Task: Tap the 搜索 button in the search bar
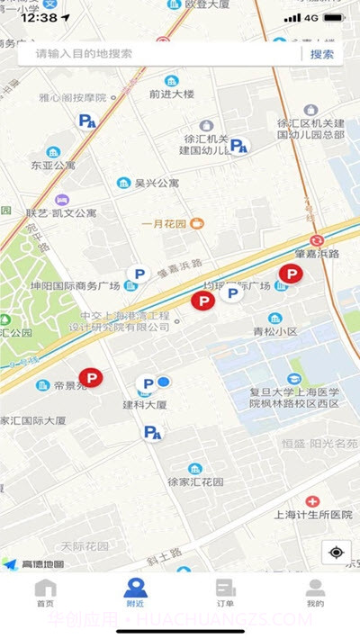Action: [322, 54]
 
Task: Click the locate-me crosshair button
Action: [336, 552]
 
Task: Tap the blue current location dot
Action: [164, 382]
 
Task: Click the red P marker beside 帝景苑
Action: [91, 379]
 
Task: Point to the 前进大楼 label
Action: [171, 94]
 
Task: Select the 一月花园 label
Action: [163, 223]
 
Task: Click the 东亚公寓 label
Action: [53, 166]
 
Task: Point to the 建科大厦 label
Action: [145, 406]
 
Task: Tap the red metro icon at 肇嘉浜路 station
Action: [317, 240]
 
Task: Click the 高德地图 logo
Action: [34, 564]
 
